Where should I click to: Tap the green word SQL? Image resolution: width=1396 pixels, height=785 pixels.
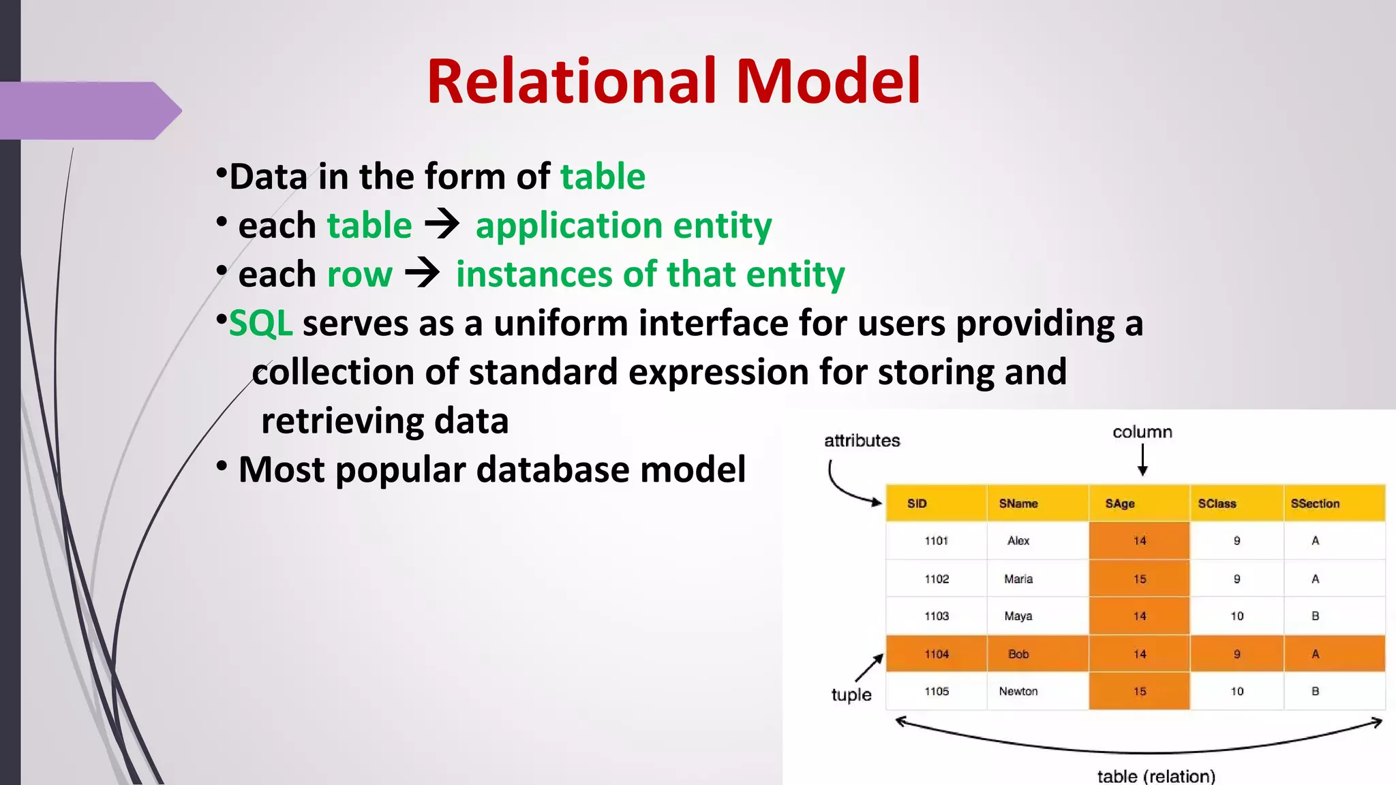pyautogui.click(x=260, y=323)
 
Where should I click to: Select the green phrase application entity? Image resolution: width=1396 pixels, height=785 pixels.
pyautogui.click(x=623, y=226)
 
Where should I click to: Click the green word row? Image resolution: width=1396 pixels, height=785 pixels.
pyautogui.click(x=359, y=275)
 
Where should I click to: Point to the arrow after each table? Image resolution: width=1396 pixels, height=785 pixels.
pyautogui.click(x=442, y=224)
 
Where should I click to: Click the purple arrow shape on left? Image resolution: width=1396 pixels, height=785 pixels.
pyautogui.click(x=89, y=110)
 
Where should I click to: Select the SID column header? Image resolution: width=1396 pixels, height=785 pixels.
pyautogui.click(x=917, y=504)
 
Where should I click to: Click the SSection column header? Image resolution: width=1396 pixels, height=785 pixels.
pyautogui.click(x=1315, y=504)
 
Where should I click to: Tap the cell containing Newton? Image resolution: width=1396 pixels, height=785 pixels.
pyautogui.click(x=1018, y=691)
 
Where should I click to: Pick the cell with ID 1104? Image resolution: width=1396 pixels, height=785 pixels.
pyautogui.click(x=937, y=654)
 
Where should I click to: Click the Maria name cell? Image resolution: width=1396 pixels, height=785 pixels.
pyautogui.click(x=1018, y=579)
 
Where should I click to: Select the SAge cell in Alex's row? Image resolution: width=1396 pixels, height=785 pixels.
pyautogui.click(x=1139, y=540)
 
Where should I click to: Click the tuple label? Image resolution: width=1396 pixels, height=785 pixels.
pyautogui.click(x=851, y=694)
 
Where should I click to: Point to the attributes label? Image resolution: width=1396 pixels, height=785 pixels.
pyautogui.click(x=862, y=441)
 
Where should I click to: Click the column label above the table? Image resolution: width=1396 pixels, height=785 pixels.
pyautogui.click(x=1142, y=432)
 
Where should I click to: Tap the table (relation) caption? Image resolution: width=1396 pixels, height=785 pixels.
pyautogui.click(x=1156, y=775)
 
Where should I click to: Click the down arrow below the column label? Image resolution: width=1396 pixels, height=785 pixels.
pyautogui.click(x=1143, y=460)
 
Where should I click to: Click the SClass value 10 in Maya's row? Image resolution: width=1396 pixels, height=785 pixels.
pyautogui.click(x=1236, y=616)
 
